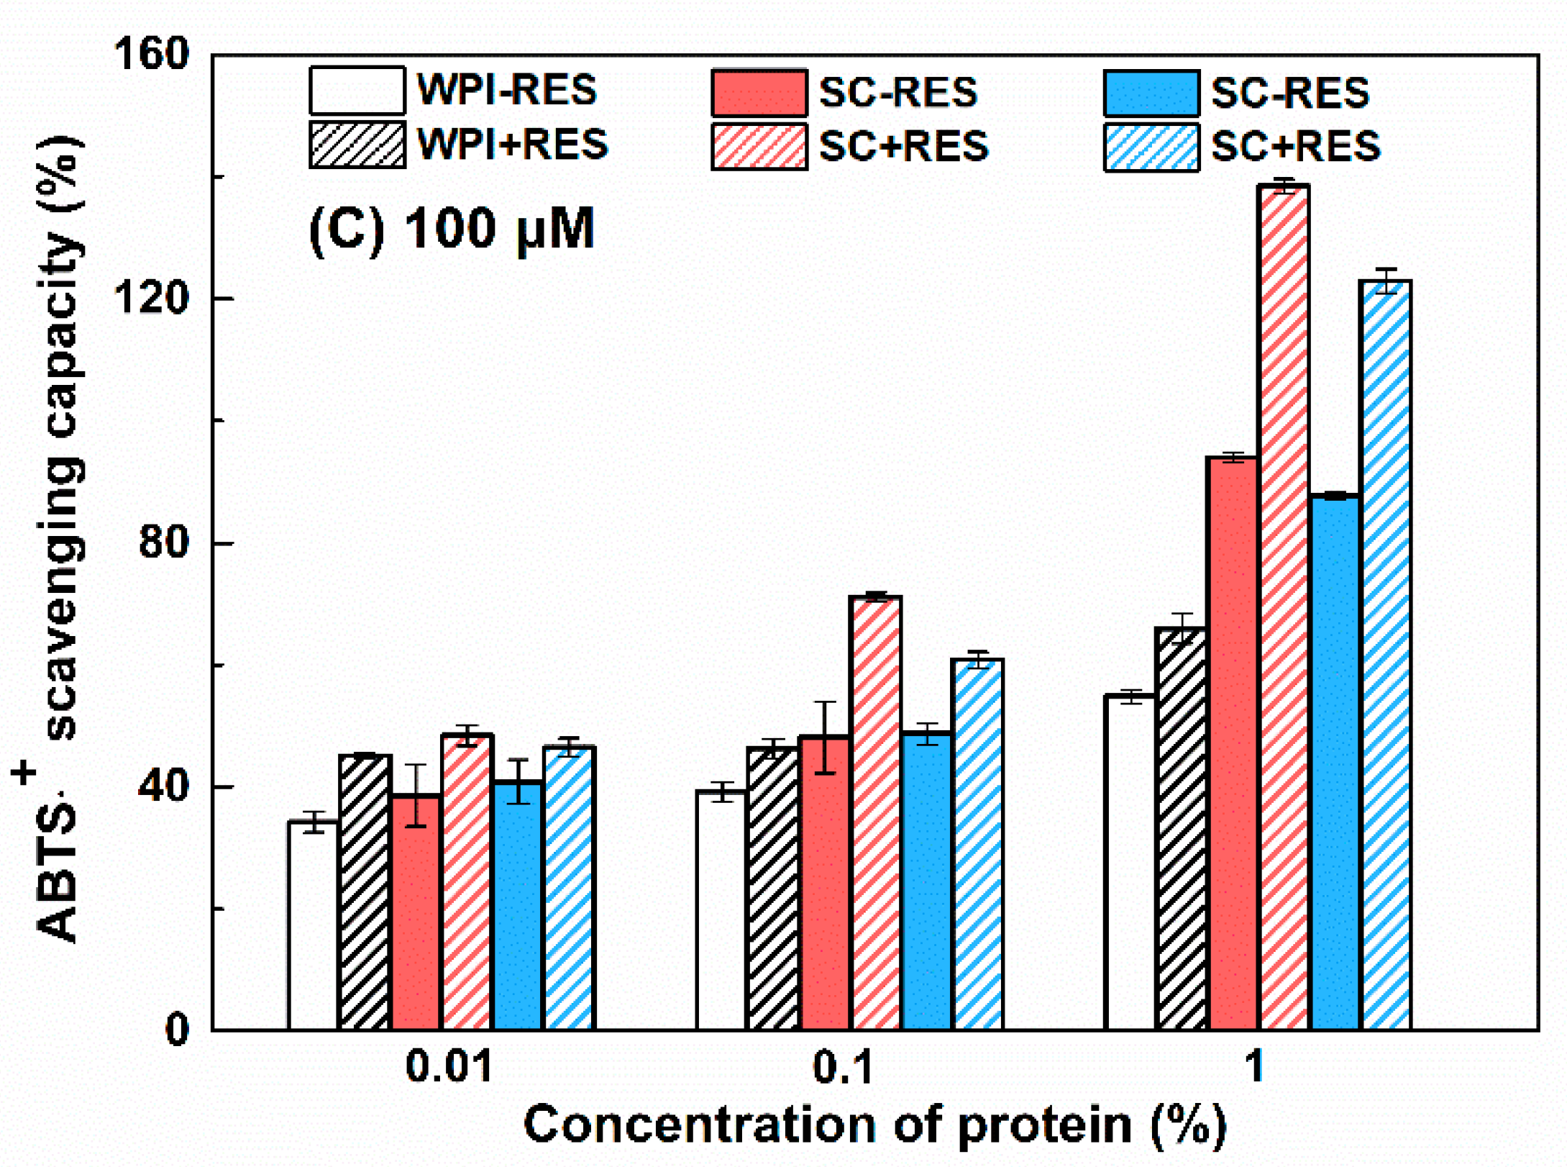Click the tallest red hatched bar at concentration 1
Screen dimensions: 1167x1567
pos(1283,608)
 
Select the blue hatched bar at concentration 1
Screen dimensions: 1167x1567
pos(1385,655)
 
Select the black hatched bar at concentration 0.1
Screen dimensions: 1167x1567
pos(772,889)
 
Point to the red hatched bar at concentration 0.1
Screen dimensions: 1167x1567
pos(874,813)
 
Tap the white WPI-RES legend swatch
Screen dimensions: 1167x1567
pos(357,91)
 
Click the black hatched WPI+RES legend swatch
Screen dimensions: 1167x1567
pos(357,145)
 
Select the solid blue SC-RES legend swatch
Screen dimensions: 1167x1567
pos(1151,94)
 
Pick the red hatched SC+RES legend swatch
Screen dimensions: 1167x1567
pos(759,147)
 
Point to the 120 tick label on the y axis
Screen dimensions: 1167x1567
pos(152,298)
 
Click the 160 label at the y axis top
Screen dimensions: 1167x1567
pos(152,54)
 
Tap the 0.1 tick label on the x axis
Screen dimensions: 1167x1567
pos(842,1066)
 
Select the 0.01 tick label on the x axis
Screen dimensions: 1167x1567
pos(449,1066)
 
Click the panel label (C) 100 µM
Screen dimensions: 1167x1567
pos(452,230)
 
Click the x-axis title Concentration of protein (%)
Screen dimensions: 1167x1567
pos(874,1125)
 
